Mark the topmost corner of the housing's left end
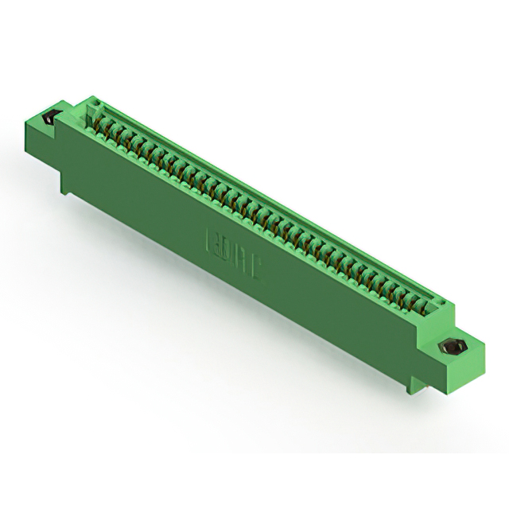coord(87,97)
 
